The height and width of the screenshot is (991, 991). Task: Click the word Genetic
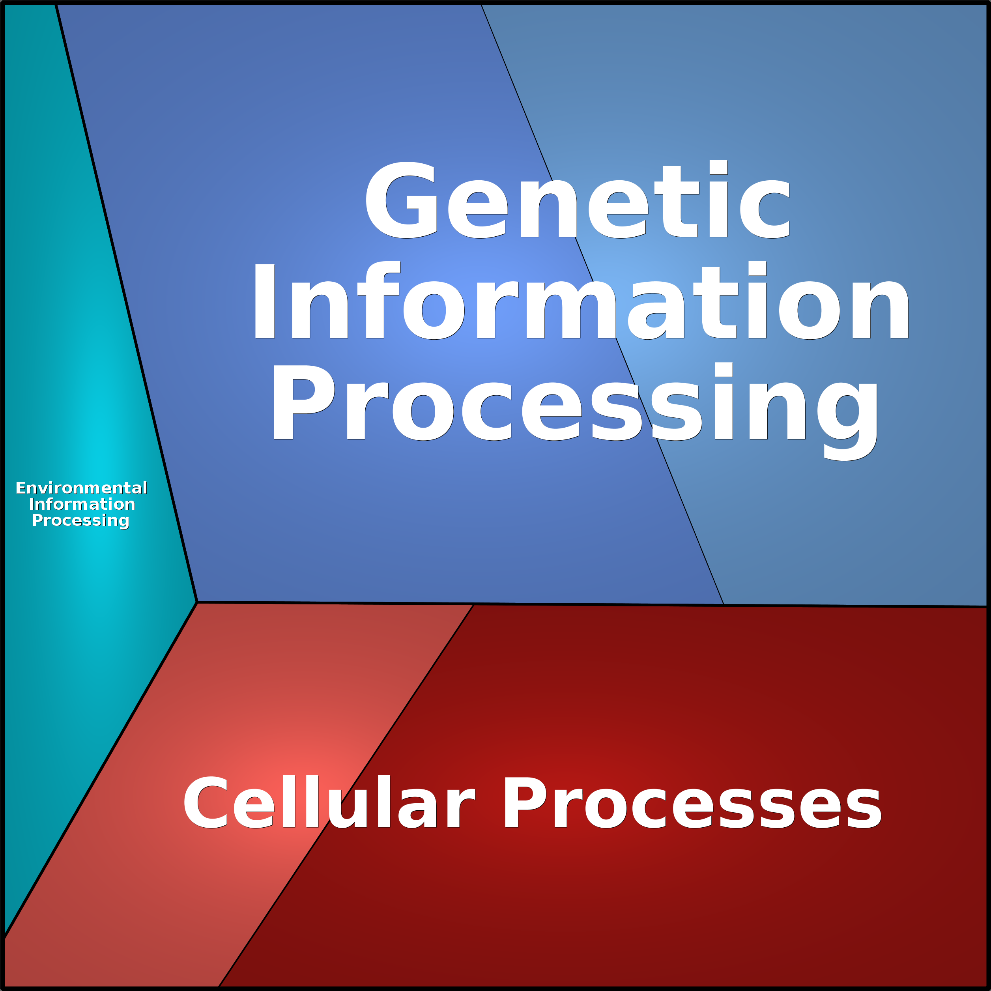tap(578, 200)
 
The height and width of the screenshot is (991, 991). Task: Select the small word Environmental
tap(81, 488)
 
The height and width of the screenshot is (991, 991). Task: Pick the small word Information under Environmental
tap(82, 504)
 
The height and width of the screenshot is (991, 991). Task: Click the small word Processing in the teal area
tap(80, 521)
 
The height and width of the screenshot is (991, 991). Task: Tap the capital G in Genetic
tap(401, 200)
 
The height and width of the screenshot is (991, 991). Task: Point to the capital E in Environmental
tap(21, 488)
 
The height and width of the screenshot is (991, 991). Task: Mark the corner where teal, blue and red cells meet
tap(197, 602)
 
